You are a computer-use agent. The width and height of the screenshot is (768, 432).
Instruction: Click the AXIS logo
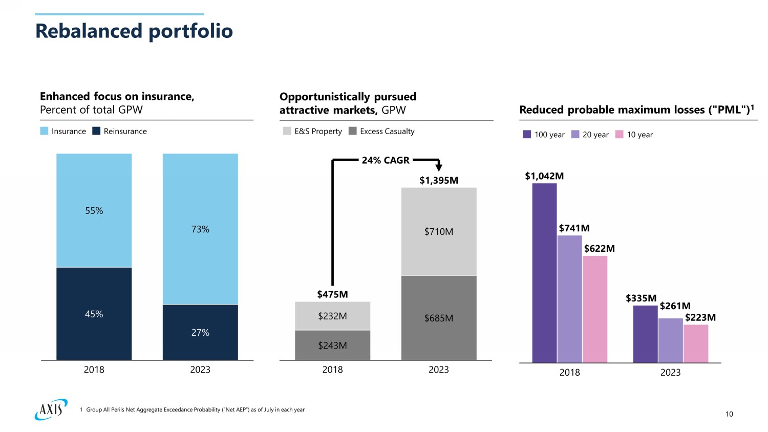51,409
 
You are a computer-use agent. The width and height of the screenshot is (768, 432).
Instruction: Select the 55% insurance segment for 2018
94,210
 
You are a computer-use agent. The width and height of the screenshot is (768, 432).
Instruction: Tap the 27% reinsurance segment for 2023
200,332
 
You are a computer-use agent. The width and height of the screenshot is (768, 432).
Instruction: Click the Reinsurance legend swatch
96,131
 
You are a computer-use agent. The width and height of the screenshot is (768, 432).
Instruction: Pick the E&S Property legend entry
312,131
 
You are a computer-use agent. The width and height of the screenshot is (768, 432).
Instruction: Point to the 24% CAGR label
386,160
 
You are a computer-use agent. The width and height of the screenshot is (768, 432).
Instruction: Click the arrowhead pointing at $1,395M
438,167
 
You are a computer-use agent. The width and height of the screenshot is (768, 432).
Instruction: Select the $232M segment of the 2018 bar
332,316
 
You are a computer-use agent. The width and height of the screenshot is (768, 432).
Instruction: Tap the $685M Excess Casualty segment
439,318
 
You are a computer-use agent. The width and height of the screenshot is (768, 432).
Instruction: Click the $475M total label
332,294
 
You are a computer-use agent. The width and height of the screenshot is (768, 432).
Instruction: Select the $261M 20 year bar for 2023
671,340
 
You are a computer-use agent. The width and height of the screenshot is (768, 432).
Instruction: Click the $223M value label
700,317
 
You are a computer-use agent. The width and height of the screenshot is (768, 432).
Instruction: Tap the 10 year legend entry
634,135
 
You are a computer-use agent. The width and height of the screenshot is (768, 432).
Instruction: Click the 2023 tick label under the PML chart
670,373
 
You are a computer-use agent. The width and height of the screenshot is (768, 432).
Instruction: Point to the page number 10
729,414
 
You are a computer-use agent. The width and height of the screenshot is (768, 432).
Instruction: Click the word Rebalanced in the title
89,31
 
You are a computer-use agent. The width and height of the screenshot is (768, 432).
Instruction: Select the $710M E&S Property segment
439,231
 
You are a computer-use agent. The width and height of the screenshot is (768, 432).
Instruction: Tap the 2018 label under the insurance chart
94,370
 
